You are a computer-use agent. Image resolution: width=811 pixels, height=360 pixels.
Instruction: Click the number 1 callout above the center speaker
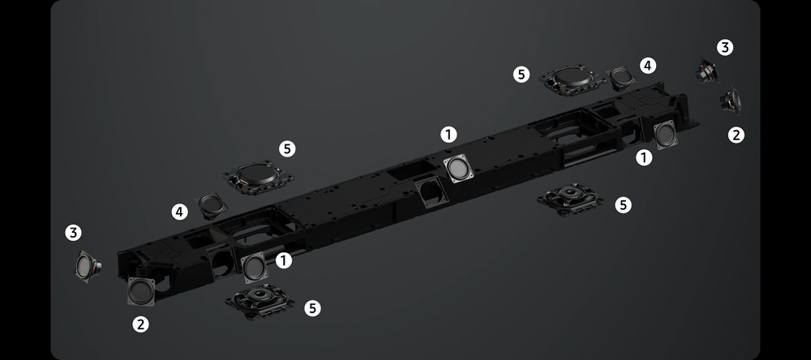click(x=448, y=135)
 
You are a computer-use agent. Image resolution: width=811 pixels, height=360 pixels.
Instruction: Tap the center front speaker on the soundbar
click(x=458, y=168)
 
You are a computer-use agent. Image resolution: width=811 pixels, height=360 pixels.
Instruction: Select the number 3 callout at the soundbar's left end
click(x=74, y=233)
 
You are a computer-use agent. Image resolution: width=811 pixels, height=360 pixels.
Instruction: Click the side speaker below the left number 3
click(x=87, y=267)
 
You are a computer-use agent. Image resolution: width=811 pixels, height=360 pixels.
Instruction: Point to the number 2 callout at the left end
click(x=140, y=325)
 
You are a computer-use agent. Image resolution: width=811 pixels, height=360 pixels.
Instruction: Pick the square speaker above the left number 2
click(x=141, y=292)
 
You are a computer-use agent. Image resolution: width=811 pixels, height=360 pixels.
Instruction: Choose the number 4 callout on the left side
click(x=179, y=212)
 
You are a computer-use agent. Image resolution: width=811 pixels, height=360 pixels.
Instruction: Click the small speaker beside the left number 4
click(x=212, y=206)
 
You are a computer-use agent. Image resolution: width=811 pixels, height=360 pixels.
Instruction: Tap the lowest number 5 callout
click(x=312, y=309)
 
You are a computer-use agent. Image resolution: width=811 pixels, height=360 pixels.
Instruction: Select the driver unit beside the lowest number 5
click(x=260, y=301)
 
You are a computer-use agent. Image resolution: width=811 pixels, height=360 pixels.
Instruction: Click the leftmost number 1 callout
click(x=283, y=260)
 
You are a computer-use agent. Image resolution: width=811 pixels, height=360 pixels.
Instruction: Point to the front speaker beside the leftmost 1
click(x=255, y=268)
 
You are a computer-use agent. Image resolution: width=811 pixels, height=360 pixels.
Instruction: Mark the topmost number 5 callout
click(x=521, y=75)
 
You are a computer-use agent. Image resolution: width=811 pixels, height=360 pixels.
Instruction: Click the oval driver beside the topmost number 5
click(x=573, y=79)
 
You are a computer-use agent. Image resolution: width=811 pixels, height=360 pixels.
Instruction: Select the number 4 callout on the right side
click(x=647, y=66)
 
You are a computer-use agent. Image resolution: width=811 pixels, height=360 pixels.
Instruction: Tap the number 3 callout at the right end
click(x=724, y=48)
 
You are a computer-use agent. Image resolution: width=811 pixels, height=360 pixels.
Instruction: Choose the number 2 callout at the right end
click(x=736, y=135)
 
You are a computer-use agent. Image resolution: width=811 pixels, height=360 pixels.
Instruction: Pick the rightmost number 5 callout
click(x=623, y=205)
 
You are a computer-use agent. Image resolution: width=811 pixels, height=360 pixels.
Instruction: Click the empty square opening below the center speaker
click(x=431, y=192)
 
